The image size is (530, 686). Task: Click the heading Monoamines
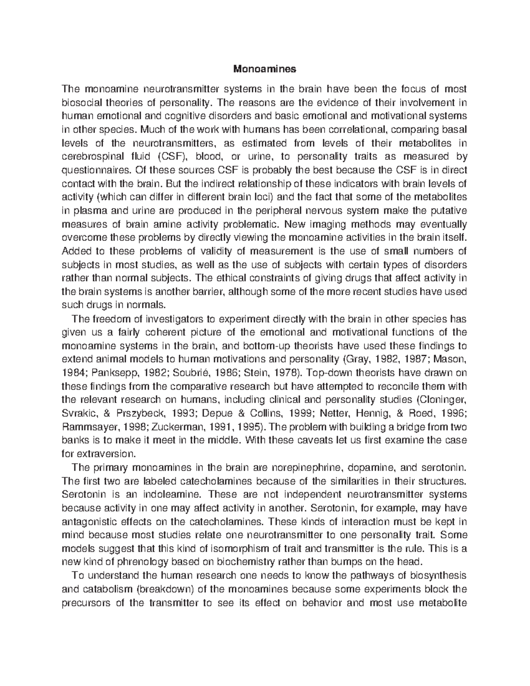click(x=265, y=69)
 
